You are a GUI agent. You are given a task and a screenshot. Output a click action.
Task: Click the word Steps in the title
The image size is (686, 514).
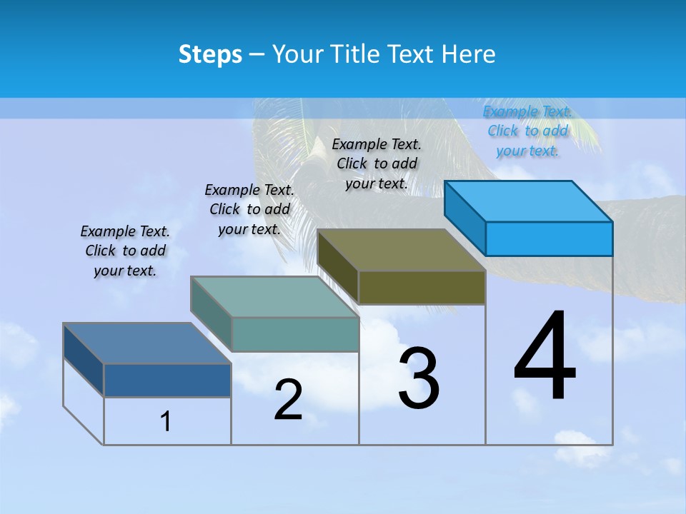pos(210,54)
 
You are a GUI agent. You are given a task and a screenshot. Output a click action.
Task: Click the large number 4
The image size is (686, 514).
pos(545,357)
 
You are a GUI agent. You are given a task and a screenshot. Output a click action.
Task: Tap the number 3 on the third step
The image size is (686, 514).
pos(419,378)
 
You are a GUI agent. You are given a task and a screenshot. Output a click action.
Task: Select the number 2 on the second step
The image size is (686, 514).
pos(289,400)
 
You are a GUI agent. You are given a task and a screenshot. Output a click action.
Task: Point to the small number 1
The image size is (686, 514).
pos(166,421)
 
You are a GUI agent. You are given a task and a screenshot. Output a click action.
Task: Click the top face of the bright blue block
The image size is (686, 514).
pos(529,201)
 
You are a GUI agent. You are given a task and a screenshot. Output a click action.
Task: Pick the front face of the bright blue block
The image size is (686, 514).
pos(549,238)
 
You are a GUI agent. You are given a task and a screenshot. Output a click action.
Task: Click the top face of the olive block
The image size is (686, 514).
pos(402,250)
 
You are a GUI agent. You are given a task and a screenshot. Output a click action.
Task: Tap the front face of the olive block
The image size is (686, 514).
pos(422,287)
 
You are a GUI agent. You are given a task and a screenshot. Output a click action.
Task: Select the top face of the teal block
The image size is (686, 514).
pos(274,297)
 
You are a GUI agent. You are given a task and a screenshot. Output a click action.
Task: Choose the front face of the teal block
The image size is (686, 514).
pos(295,334)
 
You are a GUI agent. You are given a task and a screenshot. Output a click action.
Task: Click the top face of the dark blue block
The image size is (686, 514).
pos(147,343)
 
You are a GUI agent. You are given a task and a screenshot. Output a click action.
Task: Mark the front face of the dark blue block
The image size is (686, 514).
pos(167,380)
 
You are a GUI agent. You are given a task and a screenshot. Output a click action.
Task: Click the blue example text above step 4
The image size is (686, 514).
pos(527,131)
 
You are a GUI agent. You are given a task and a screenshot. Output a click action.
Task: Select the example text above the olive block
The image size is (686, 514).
pos(377,164)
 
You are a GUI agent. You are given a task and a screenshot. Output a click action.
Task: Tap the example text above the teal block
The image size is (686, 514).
pos(249,209)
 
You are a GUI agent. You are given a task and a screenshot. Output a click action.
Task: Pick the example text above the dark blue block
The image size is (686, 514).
pos(125,251)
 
